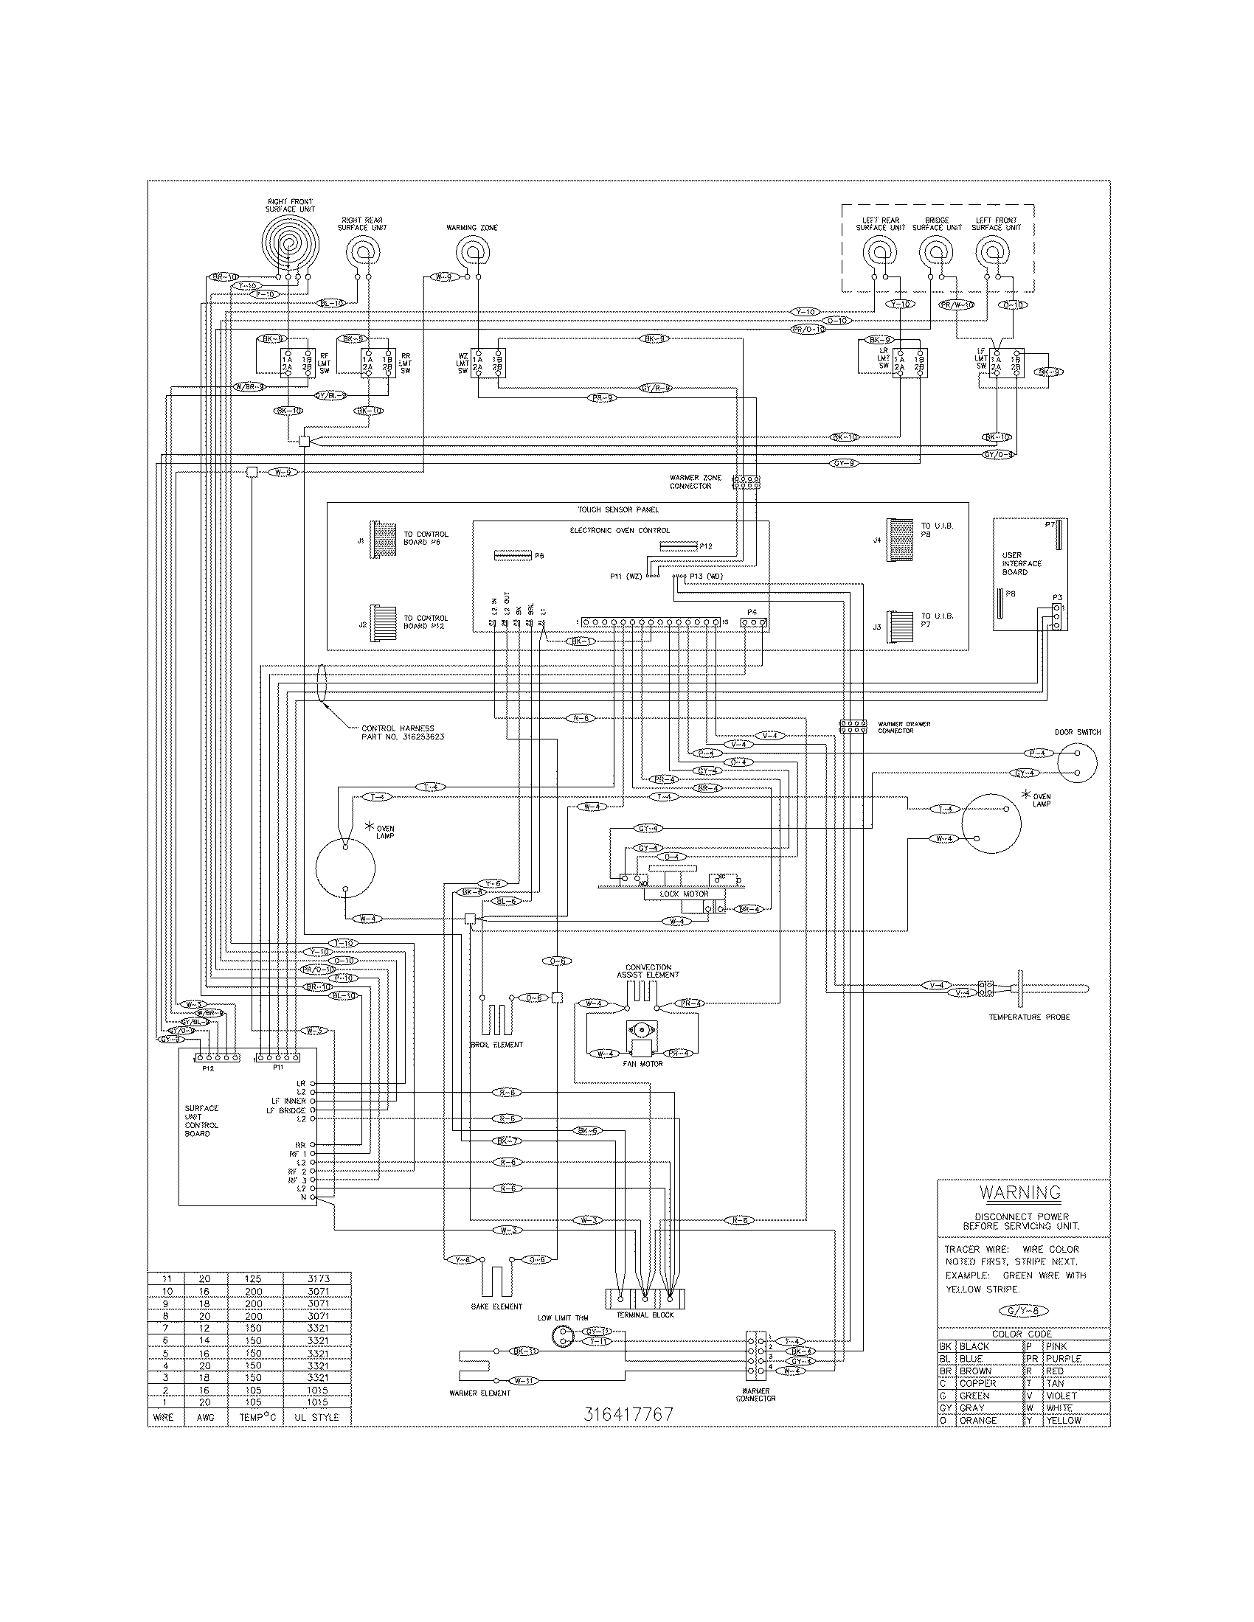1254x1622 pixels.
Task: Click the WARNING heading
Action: click(x=1020, y=1193)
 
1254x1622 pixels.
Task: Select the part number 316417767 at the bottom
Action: click(x=628, y=1413)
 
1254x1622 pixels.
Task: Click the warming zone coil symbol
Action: click(x=472, y=252)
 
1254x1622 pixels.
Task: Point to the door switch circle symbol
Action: click(x=1077, y=763)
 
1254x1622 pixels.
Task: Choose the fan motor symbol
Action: click(x=640, y=1038)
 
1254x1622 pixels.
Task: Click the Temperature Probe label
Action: click(x=1029, y=1017)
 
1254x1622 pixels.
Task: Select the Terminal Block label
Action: click(x=645, y=1315)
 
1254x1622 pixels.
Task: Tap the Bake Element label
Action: click(x=496, y=1306)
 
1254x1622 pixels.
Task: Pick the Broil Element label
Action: click(x=496, y=1044)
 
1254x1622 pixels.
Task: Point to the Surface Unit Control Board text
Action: click(x=201, y=1131)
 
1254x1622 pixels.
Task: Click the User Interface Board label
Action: click(x=1022, y=564)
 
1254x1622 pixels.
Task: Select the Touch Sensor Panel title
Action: click(x=618, y=509)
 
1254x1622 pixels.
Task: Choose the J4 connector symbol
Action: click(x=900, y=539)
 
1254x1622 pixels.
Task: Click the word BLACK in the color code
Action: click(x=974, y=1346)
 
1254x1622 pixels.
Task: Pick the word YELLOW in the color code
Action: click(x=1062, y=1420)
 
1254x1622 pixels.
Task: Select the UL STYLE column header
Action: click(x=316, y=1417)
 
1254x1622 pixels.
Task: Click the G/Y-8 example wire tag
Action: click(x=1023, y=1311)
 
